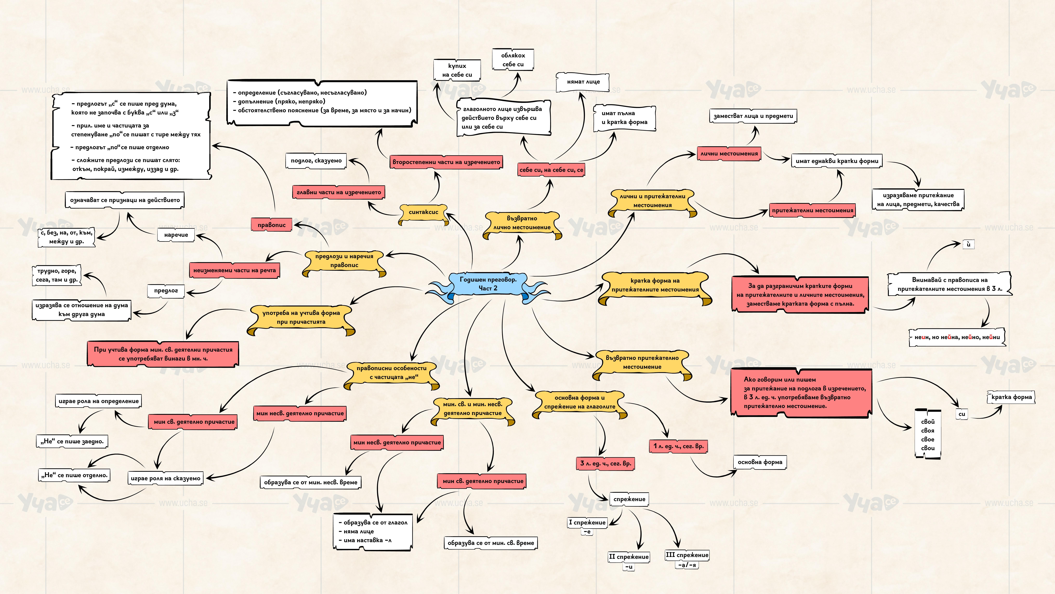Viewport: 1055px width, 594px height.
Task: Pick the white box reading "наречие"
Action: (x=176, y=235)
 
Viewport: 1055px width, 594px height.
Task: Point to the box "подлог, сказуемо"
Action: (x=316, y=161)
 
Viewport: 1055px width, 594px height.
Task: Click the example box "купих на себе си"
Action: (x=457, y=70)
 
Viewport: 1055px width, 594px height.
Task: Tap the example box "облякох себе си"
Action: (x=513, y=60)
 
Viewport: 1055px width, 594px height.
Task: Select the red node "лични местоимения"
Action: (x=729, y=154)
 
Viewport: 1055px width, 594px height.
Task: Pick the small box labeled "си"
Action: (x=962, y=414)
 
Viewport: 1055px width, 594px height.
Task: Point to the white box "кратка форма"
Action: (x=1011, y=397)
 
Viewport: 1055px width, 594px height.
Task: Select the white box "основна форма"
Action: (x=760, y=462)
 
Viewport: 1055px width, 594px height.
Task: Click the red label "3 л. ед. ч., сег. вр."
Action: (x=605, y=464)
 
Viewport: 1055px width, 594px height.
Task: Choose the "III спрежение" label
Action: (x=687, y=556)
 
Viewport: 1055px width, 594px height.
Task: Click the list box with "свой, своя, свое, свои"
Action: (x=928, y=435)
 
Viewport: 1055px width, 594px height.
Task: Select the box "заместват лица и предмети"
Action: (x=753, y=116)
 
